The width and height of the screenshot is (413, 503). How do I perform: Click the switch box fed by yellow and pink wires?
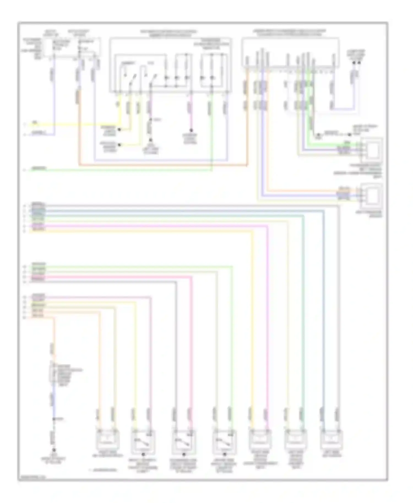[x=143, y=442]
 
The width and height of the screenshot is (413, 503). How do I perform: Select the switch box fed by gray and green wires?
[x=224, y=442]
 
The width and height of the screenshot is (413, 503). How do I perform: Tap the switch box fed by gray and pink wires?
[x=184, y=442]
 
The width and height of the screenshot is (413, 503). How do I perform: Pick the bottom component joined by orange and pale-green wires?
[x=108, y=440]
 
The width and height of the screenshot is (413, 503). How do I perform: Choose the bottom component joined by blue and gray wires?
[x=332, y=440]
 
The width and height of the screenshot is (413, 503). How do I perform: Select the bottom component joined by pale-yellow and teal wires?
[x=296, y=440]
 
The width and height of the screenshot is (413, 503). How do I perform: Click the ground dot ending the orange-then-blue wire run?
[x=54, y=450]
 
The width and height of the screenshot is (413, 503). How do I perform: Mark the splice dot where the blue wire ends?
[x=54, y=419]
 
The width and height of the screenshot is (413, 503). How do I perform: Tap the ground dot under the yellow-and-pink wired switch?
[x=143, y=454]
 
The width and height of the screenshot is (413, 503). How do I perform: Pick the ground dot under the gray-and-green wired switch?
[x=224, y=454]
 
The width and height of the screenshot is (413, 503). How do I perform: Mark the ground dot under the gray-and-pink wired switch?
[x=184, y=454]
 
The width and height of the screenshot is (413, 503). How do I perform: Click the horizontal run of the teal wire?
[x=165, y=216]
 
